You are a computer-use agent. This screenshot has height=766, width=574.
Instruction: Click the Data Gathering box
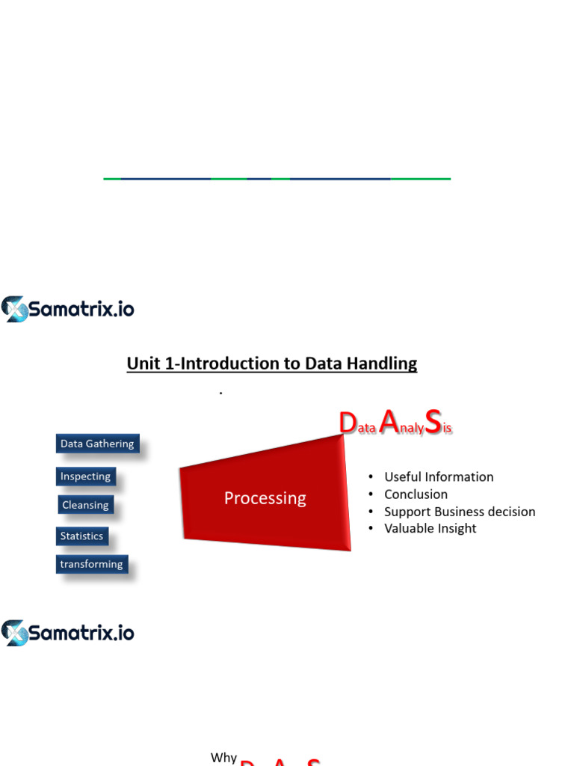[97, 444]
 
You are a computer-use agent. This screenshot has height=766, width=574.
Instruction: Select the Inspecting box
[85, 477]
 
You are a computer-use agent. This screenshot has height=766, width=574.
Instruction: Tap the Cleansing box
[85, 505]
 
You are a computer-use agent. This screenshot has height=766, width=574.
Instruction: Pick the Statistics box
[82, 536]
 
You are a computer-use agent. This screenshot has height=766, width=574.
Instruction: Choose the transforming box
[92, 564]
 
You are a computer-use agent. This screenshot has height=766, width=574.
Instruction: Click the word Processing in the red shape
[265, 498]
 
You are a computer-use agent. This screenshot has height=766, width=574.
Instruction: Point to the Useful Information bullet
[439, 477]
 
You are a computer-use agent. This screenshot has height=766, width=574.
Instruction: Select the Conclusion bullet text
[416, 494]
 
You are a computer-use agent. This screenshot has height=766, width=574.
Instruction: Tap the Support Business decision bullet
[460, 512]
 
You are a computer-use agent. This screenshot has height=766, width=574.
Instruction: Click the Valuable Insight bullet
[430, 528]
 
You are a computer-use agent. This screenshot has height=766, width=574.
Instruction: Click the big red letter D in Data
[348, 423]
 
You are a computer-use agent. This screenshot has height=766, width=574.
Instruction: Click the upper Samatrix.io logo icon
[15, 309]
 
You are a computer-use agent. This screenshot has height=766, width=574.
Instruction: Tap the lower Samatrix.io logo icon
[15, 633]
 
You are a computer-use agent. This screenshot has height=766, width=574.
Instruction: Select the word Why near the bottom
[223, 758]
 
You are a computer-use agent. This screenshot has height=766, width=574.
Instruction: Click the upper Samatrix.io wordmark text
[81, 309]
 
